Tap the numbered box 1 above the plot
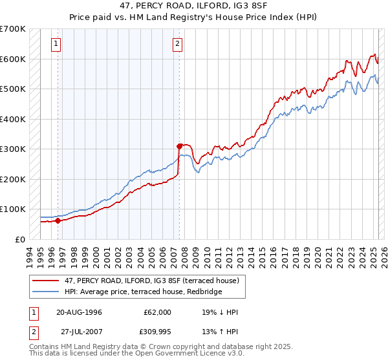click(x=57, y=44)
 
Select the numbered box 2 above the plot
click(x=177, y=44)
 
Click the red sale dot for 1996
click(x=58, y=220)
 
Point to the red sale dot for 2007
click(x=179, y=146)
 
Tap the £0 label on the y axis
click(x=19, y=239)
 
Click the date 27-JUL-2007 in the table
click(x=79, y=333)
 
